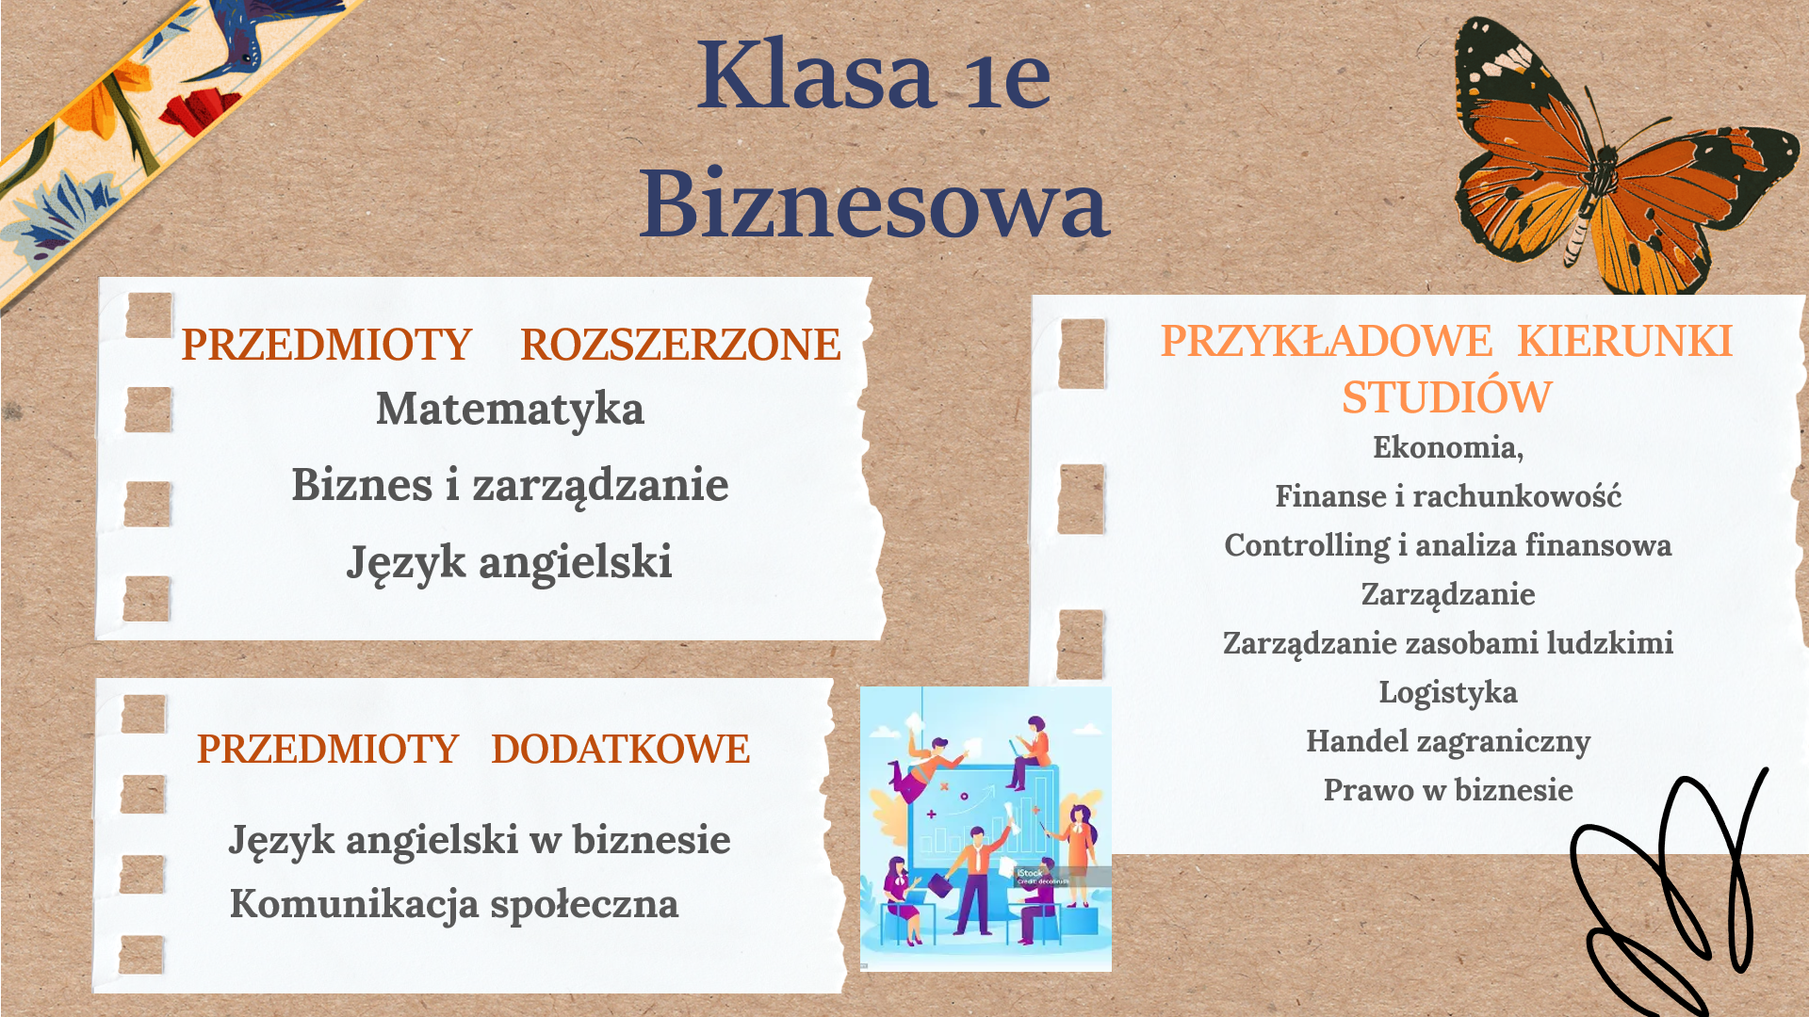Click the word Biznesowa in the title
(x=874, y=203)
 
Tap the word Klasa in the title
(x=816, y=75)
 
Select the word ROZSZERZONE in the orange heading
(x=680, y=345)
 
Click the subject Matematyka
(x=510, y=410)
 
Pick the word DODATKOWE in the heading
(x=621, y=750)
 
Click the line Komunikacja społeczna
(x=454, y=905)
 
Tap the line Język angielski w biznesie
(x=480, y=841)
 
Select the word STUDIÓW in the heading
(x=1447, y=397)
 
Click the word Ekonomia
(x=1444, y=447)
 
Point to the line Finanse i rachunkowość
(x=1448, y=496)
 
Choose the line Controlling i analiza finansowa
(x=1448, y=546)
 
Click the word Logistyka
(x=1448, y=693)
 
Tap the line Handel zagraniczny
(x=1448, y=742)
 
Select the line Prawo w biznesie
(x=1448, y=790)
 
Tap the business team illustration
(x=986, y=829)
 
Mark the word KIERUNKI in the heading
(x=1625, y=341)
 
